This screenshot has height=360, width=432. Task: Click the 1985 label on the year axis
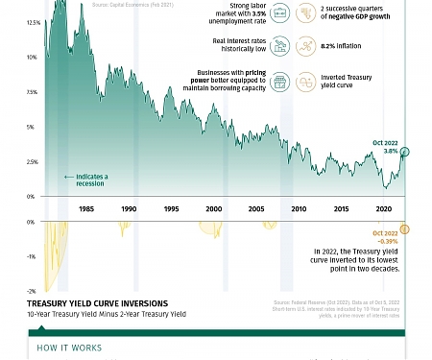86,208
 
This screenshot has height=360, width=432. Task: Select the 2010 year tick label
299,208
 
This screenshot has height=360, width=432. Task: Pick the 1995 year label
171,208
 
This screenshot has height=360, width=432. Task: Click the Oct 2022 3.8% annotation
385,146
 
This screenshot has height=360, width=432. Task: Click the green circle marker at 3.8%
405,152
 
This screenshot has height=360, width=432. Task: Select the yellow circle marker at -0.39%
405,228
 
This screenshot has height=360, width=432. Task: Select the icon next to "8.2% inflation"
304,46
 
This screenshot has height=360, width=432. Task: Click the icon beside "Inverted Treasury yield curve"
304,82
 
